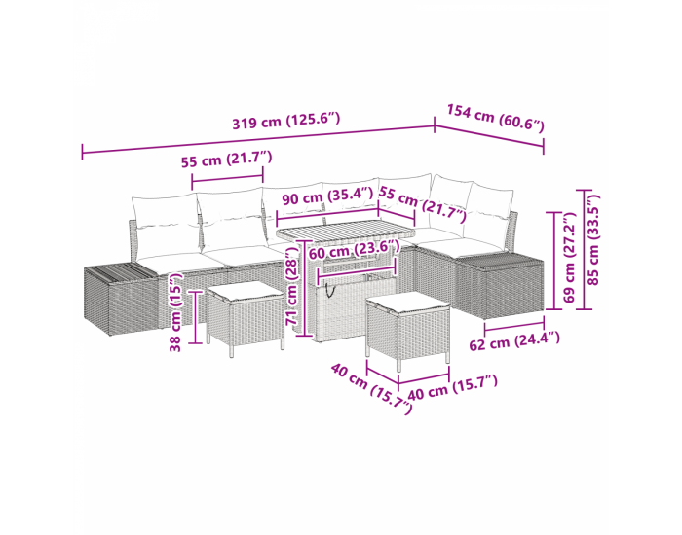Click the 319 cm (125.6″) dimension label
285,121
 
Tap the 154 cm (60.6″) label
495,118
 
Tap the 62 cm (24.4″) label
514,340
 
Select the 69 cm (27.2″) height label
569,258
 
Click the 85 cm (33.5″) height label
593,239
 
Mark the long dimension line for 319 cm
258,139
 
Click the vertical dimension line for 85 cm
584,249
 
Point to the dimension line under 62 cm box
514,324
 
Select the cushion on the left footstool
245,292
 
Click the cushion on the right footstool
407,302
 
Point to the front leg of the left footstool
232,347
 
